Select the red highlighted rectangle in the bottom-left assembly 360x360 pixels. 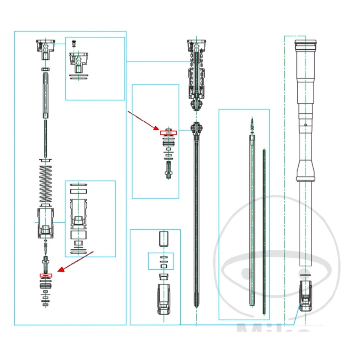[46, 276]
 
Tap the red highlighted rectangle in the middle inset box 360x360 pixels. [168, 132]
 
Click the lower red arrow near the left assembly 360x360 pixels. [76, 261]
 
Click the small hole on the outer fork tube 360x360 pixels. [305, 125]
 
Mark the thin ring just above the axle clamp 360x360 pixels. [305, 275]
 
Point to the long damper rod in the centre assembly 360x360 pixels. [196, 223]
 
